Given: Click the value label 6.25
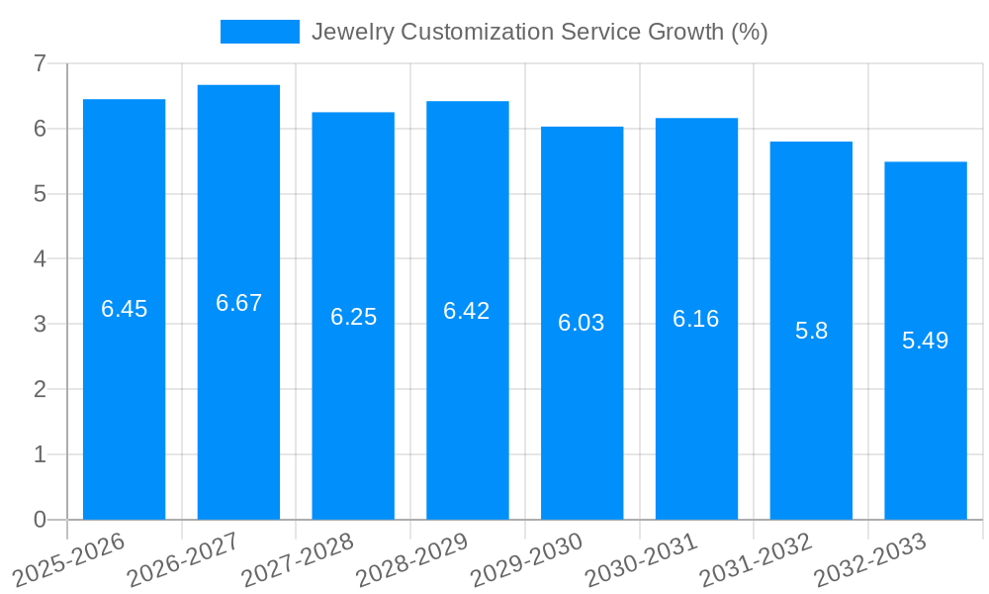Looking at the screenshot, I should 353,317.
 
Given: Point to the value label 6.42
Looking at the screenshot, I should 467,311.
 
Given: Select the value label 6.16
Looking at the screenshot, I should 696,319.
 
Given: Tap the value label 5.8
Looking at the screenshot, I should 811,331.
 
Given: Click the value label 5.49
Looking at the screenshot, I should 925,341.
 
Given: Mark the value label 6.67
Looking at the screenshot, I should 238,303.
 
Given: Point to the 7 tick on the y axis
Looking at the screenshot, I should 40,63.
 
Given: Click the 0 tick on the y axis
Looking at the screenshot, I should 40,520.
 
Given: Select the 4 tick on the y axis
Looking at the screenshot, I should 40,259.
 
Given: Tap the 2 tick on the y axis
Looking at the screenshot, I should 40,389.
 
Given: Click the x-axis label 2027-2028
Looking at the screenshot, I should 298,559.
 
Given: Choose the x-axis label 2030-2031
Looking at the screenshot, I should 641,559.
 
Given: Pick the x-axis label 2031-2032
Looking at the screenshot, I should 756,559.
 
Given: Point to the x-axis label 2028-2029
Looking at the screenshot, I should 412,559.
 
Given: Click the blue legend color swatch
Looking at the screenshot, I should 259,32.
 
